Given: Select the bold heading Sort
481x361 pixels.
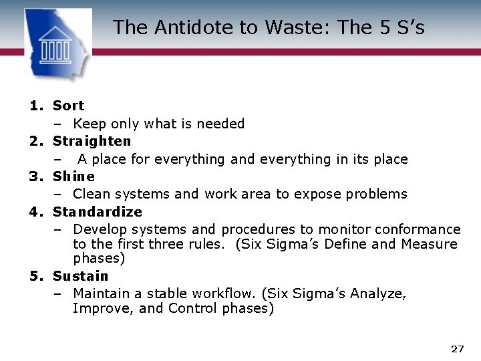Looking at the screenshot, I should (x=68, y=106).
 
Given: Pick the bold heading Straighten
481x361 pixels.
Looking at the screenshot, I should (x=92, y=141).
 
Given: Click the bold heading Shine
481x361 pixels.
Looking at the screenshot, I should (x=73, y=176).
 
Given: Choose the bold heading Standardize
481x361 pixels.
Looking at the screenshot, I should (x=98, y=212).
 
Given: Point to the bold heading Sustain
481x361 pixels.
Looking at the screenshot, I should (x=80, y=276).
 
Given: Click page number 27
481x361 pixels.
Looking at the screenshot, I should (x=458, y=349).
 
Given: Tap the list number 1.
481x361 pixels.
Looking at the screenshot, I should (x=35, y=106).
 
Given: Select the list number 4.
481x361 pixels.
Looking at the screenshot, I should (x=35, y=212).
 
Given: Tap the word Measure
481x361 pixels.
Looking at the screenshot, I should (x=430, y=244).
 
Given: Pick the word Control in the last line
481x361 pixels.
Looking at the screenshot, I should (x=192, y=308).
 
